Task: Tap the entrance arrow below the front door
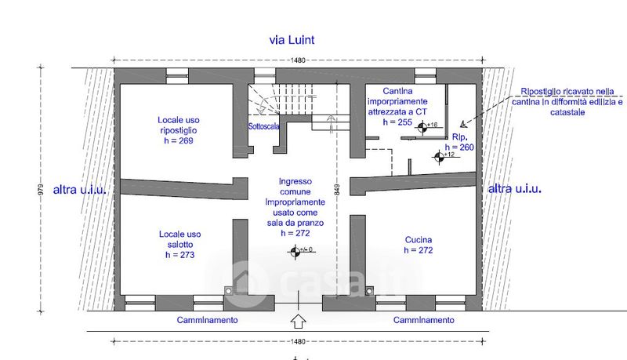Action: (298, 321)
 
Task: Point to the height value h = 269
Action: (176, 141)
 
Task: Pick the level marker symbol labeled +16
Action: (423, 126)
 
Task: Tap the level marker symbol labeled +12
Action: (438, 156)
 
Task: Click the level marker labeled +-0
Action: (295, 251)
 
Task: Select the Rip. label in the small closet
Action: (460, 136)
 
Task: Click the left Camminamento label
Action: (207, 320)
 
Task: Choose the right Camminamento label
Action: (423, 320)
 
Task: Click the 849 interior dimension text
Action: (336, 188)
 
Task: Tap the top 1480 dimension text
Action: (297, 60)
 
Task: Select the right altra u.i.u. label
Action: (514, 189)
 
